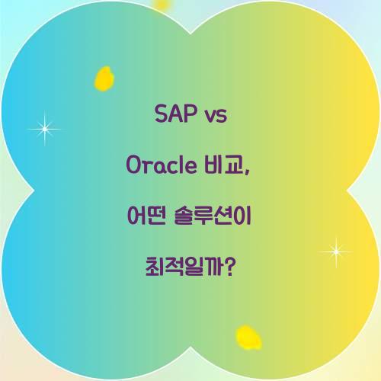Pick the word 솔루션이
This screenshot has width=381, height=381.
[x=216, y=216]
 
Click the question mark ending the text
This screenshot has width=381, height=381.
[x=229, y=267]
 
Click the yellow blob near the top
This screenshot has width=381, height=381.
[x=104, y=78]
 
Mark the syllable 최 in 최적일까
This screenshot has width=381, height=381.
[x=154, y=267]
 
